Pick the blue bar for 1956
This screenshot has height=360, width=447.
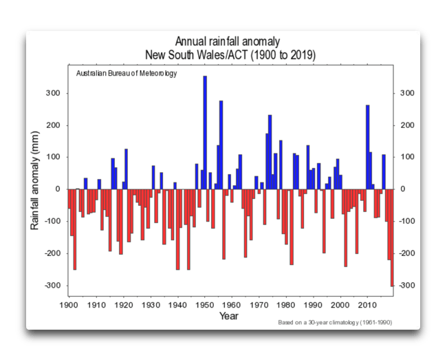(221, 145)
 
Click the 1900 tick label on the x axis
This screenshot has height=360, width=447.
(69, 304)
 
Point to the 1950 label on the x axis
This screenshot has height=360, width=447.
(205, 304)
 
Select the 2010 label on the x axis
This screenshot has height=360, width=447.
(368, 304)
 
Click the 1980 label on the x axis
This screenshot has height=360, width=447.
(287, 304)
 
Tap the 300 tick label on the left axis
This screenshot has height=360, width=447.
(54, 93)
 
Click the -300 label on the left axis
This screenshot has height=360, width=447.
(52, 285)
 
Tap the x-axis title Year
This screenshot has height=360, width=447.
(230, 317)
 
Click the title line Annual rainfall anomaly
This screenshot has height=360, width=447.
(229, 42)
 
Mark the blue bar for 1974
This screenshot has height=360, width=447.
(270, 151)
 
